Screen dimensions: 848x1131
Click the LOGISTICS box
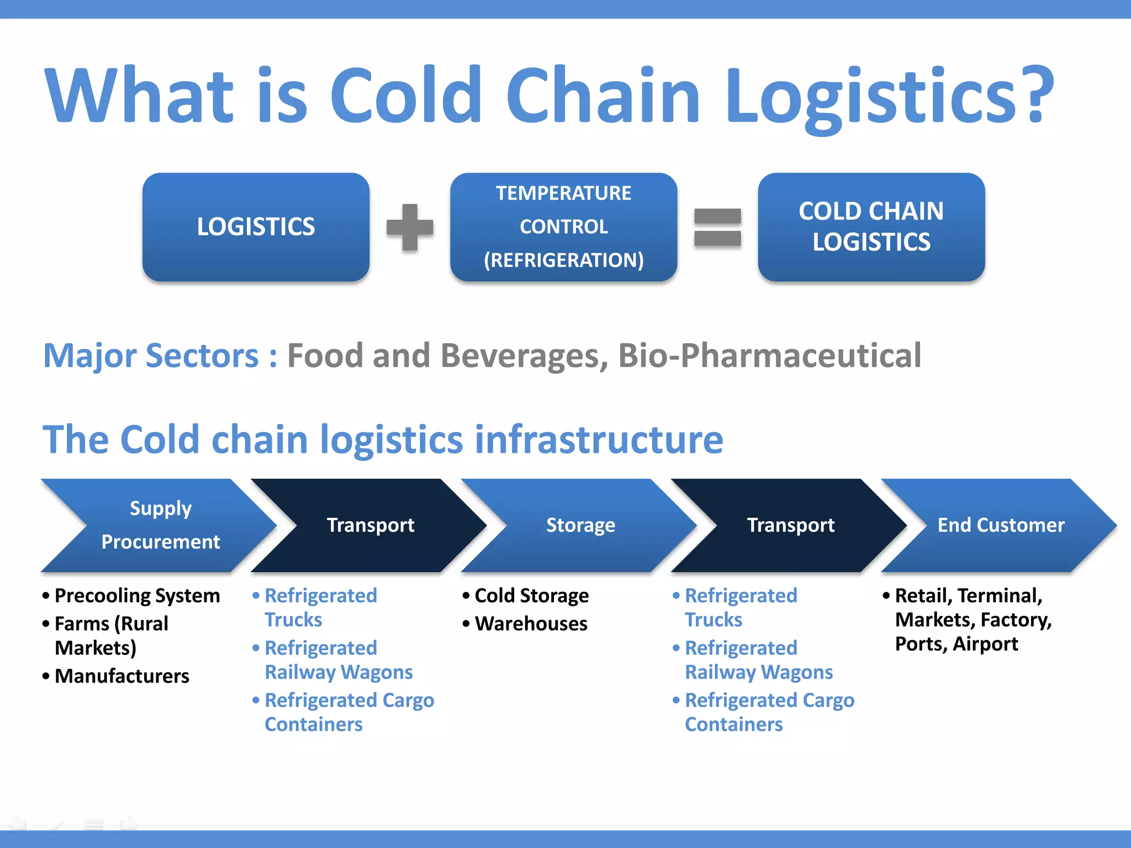coord(256,227)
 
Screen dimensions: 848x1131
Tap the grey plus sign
coord(410,227)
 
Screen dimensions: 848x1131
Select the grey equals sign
coord(717,227)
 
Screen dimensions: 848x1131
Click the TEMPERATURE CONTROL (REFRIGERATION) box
coord(563,227)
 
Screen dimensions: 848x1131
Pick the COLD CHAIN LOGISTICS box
coord(871,227)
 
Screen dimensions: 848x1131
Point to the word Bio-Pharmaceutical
coord(769,355)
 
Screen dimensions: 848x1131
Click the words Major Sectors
coord(151,355)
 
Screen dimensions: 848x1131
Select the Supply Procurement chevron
coord(160,525)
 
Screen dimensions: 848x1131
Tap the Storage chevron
coord(580,525)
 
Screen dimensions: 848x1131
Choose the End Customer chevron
coord(1001,525)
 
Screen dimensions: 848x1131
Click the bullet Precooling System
coord(137,596)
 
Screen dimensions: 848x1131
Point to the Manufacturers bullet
coord(121,676)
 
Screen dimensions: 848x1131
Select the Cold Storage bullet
coord(531,596)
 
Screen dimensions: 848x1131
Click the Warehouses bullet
coord(531,624)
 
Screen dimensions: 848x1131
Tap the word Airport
coord(985,644)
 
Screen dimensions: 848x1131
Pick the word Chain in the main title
coord(603,94)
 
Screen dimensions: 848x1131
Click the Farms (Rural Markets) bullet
coord(110,635)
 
